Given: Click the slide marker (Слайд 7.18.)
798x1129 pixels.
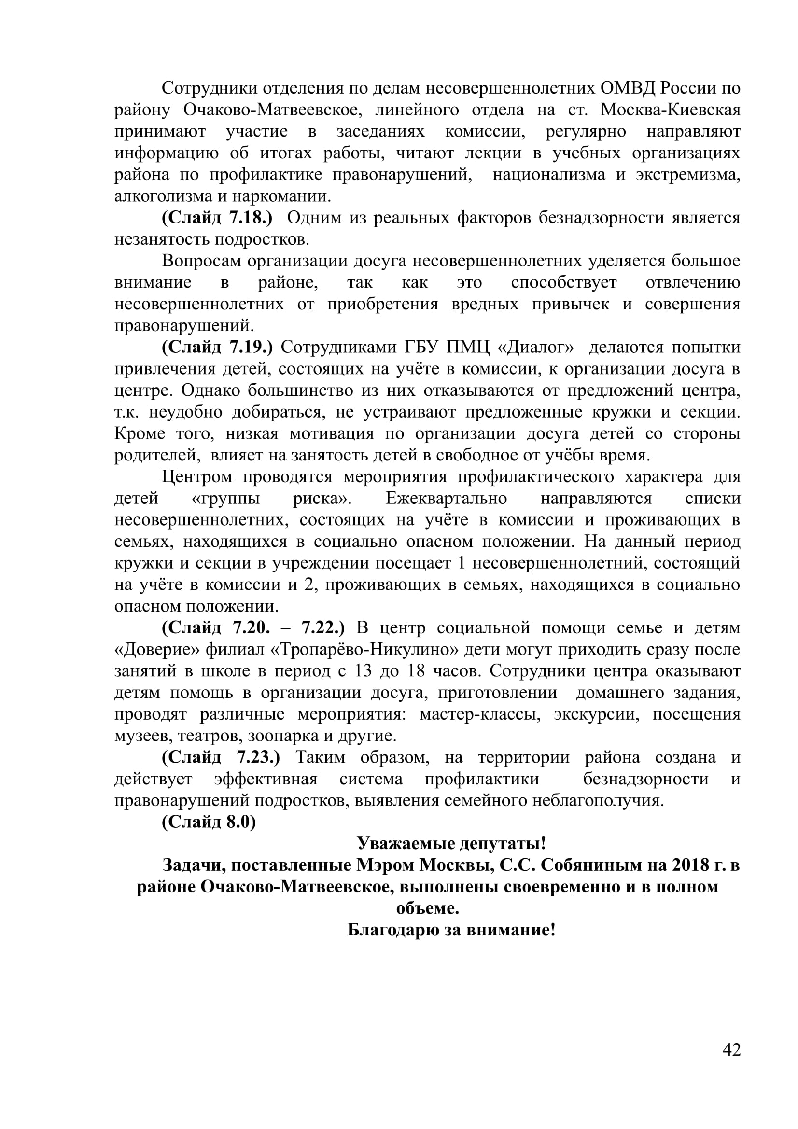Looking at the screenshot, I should click(x=217, y=218).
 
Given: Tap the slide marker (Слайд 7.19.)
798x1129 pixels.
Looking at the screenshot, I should click(x=217, y=347).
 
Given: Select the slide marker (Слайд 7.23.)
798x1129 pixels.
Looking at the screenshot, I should click(x=221, y=757).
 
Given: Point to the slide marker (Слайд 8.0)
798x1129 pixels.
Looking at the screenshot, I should click(x=209, y=822).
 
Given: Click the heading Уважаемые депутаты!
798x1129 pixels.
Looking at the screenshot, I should click(x=451, y=844).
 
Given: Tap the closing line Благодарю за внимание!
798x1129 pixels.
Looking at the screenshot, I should click(x=451, y=930).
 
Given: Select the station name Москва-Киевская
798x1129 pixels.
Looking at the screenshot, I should click(x=670, y=110).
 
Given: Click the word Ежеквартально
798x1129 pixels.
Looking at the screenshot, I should click(x=446, y=499).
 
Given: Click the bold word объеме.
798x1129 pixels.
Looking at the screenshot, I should click(x=427, y=908).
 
